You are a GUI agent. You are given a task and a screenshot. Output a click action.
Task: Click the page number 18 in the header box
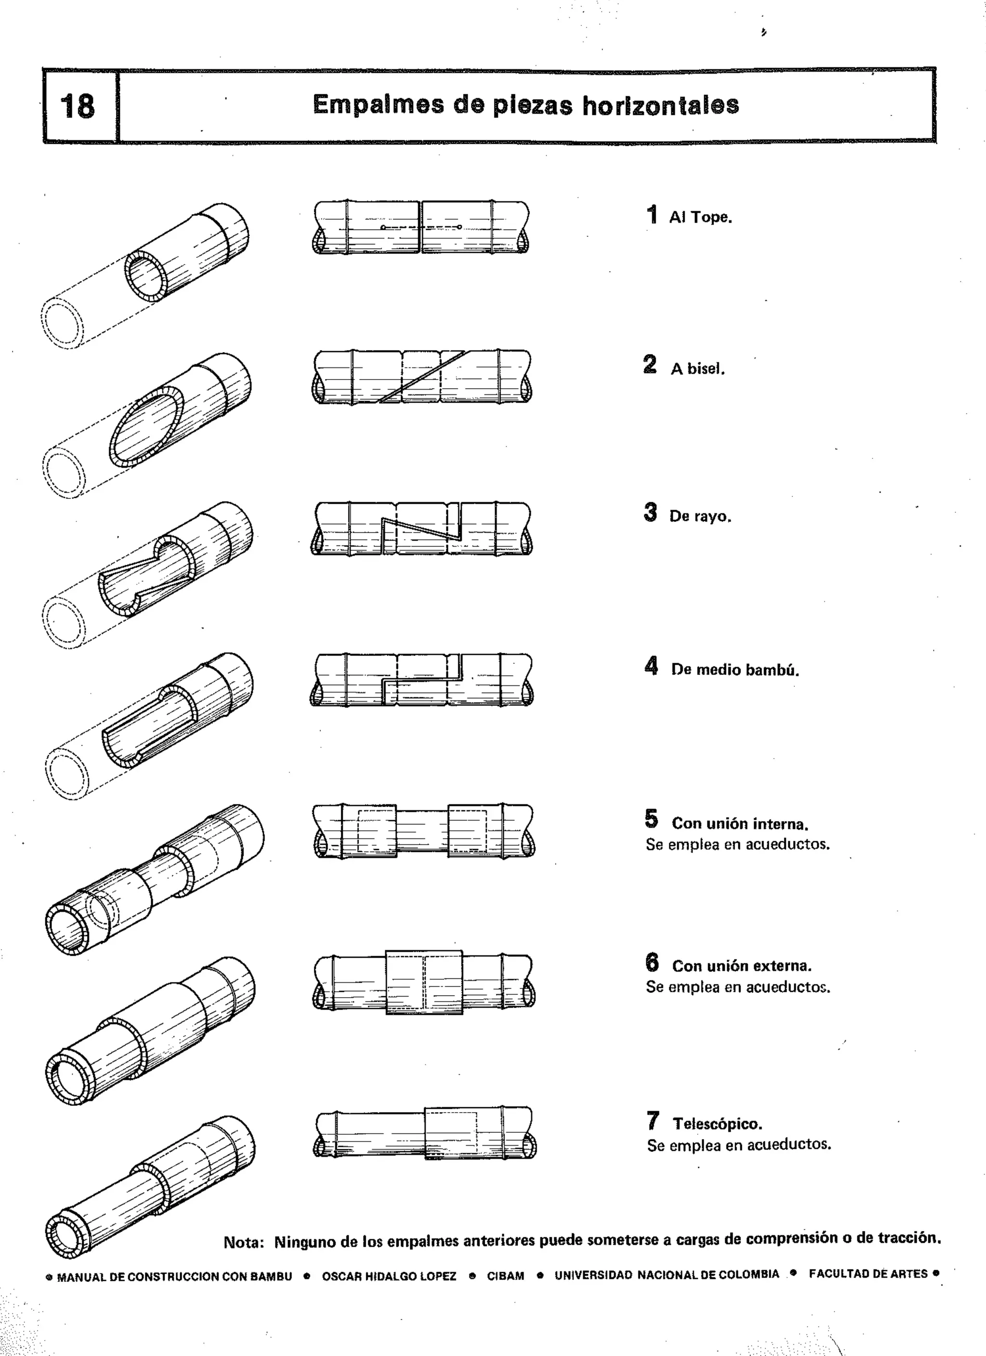78,106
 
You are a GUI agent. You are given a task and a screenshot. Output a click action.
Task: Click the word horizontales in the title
661,105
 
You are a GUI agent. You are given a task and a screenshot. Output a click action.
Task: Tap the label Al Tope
700,217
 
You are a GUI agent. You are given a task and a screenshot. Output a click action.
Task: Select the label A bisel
697,368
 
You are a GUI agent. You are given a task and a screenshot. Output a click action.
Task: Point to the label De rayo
700,516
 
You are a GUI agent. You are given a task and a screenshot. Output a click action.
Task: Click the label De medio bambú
735,670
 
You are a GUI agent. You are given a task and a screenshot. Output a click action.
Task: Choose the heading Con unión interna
739,824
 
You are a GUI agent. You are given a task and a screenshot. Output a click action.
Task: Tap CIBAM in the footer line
505,1276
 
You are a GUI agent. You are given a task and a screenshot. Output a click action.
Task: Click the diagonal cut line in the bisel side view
422,377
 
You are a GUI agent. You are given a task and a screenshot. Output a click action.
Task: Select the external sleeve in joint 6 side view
424,982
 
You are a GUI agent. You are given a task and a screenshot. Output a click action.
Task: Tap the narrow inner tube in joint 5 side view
422,831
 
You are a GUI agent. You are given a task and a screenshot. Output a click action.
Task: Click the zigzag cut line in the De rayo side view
422,527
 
